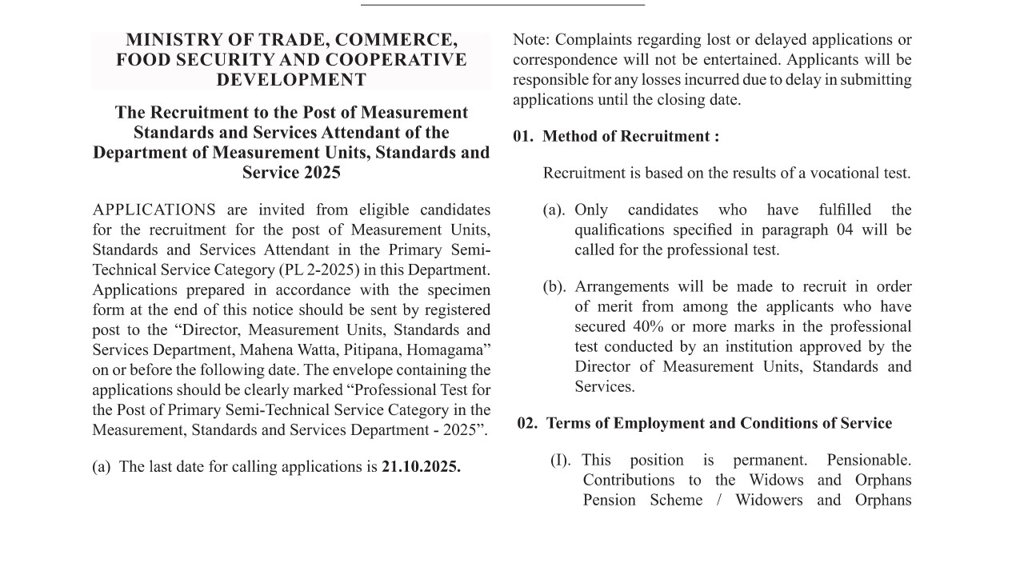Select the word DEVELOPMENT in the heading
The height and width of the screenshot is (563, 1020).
(x=291, y=80)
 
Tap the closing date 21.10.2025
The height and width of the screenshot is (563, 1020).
(x=421, y=467)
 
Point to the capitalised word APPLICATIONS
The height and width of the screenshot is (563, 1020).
(x=154, y=210)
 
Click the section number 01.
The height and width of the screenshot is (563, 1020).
(x=522, y=137)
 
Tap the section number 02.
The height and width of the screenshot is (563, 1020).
(x=527, y=424)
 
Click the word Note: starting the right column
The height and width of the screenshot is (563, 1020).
(x=530, y=40)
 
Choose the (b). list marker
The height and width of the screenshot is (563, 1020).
(x=554, y=287)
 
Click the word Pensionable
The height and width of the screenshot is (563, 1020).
(x=869, y=461)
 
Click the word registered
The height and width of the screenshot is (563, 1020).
(x=449, y=310)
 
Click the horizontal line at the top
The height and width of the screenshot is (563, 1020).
(x=502, y=6)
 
